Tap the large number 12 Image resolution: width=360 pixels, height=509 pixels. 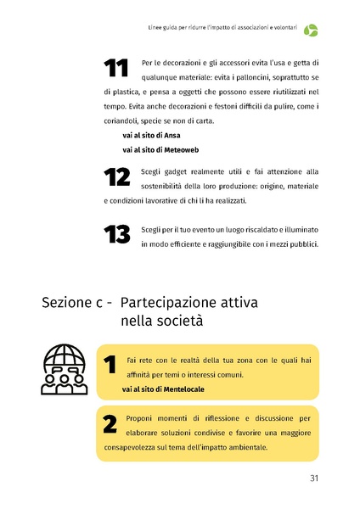click(115, 177)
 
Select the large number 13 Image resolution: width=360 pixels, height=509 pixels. click(115, 236)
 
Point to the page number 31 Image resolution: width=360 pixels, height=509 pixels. click(313, 478)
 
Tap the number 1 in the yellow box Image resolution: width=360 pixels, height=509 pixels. click(109, 365)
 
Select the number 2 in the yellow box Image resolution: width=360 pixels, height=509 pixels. click(109, 424)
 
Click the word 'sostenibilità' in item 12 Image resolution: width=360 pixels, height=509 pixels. click(169, 186)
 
